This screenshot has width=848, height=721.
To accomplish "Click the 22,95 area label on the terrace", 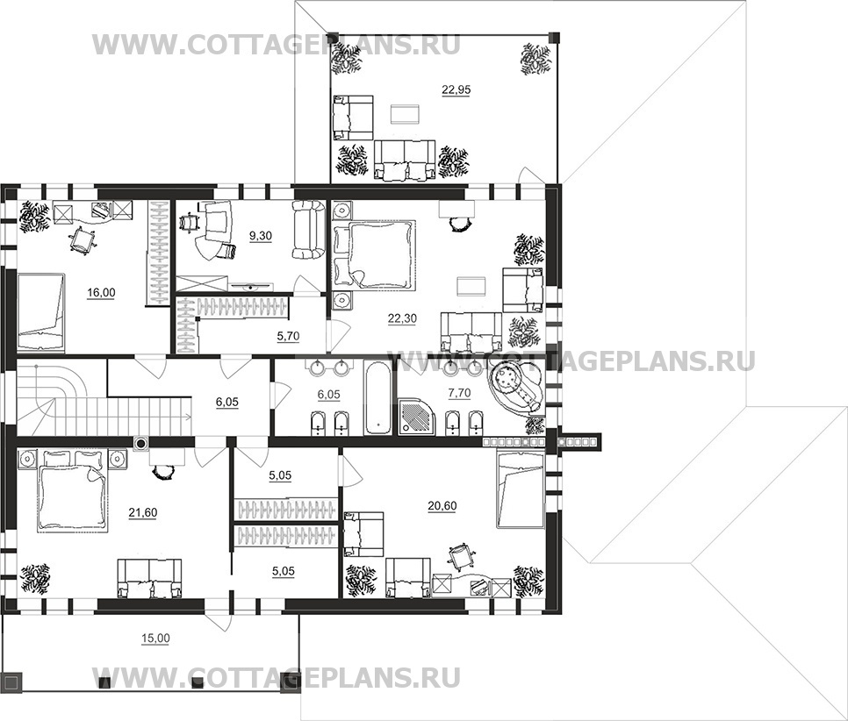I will pyautogui.click(x=455, y=89).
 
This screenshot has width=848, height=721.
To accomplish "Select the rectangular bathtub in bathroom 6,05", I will pyautogui.click(x=377, y=399).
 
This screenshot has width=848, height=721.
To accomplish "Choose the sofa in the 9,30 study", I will pyautogui.click(x=307, y=230).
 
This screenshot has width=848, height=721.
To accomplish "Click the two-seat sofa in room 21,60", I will pyautogui.click(x=152, y=579).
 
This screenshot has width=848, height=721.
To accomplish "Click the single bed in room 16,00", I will pyautogui.click(x=41, y=303).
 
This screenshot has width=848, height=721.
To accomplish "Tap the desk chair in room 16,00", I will pyautogui.click(x=81, y=239).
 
